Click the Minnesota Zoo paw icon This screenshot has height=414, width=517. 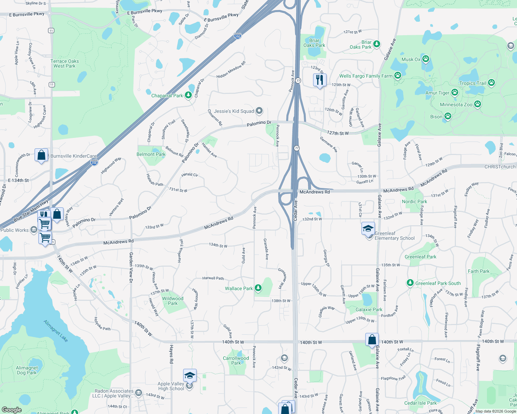point(478,104)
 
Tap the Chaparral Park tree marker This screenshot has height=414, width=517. point(188,95)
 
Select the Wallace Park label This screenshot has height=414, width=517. point(239,288)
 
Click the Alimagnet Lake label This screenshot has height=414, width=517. point(56,331)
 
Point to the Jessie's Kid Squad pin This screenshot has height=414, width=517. point(259,111)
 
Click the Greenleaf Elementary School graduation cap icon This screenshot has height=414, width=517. point(368,229)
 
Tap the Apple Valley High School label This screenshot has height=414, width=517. point(171,386)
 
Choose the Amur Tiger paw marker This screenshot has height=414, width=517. point(455,92)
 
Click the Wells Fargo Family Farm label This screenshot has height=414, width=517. point(366,76)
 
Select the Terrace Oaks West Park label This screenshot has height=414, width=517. point(65,63)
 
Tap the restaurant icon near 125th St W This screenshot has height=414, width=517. point(320,80)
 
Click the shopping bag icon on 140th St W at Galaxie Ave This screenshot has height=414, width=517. point(372,339)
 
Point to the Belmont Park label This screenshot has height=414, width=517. point(151,154)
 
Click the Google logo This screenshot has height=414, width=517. point(11,410)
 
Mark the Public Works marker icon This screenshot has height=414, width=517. point(34,229)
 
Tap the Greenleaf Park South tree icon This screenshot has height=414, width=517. point(410,283)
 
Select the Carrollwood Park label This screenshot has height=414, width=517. point(236,361)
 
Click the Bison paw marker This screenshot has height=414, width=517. point(448,116)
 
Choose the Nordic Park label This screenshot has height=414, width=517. point(414,201)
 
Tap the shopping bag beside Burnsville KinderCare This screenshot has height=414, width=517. point(41,155)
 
